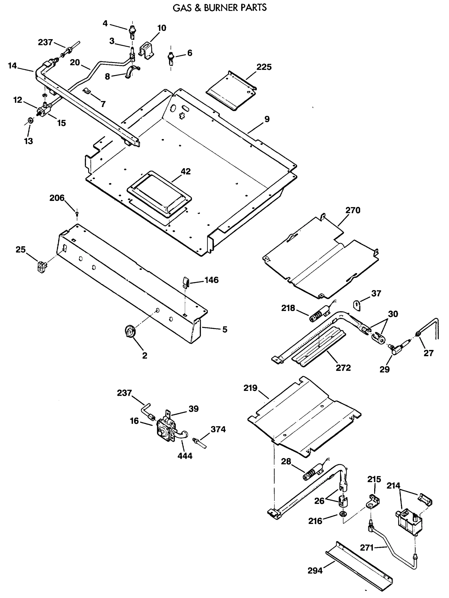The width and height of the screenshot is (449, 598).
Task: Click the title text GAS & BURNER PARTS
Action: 220,7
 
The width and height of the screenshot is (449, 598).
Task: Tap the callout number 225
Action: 264,67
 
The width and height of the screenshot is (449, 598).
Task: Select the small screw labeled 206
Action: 77,214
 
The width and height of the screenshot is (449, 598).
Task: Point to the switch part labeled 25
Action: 41,266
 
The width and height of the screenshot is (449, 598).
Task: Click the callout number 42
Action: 186,171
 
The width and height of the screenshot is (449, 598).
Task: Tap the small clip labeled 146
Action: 186,282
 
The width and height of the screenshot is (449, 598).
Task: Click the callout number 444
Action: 185,456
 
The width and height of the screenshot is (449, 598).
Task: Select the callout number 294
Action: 315,571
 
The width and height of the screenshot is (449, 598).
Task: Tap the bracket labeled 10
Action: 147,51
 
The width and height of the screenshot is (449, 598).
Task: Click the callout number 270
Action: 353,210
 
